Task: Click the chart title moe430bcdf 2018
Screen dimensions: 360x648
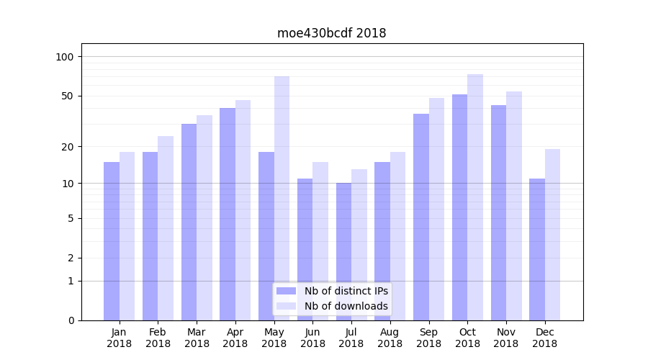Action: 331,33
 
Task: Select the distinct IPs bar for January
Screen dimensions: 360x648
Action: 112,241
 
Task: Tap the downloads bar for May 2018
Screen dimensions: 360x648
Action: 282,198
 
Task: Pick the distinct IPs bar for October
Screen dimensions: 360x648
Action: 460,207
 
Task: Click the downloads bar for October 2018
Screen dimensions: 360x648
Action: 475,197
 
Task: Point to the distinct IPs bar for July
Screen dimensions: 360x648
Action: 343,251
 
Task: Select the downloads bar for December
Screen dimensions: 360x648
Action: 552,235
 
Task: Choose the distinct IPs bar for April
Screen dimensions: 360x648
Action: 228,214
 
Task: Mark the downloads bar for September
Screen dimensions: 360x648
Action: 436,209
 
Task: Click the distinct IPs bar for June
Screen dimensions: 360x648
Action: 305,249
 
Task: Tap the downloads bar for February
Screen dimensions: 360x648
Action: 166,228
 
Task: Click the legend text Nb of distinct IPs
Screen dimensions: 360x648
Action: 346,291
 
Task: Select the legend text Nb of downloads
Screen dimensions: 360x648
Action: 346,306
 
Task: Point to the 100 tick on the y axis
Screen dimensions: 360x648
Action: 66,57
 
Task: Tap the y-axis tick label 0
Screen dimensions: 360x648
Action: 71,320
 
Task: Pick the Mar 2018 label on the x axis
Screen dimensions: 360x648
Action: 197,338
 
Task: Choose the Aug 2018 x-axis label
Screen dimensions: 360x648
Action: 390,338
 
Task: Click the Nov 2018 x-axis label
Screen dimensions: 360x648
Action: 506,338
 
